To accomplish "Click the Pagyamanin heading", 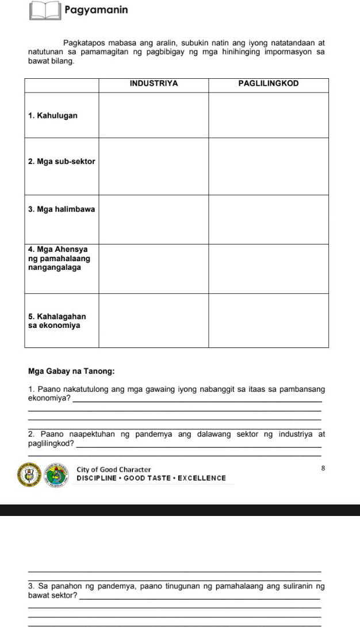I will [x=96, y=10].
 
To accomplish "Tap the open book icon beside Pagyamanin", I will [x=45, y=11].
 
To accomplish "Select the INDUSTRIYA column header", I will [x=154, y=83].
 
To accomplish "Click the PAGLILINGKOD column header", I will [x=268, y=83].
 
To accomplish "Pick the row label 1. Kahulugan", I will [x=53, y=115].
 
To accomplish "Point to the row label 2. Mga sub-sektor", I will [x=62, y=162].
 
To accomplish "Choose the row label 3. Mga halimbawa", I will [x=61, y=209].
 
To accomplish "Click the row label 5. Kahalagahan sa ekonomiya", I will [x=57, y=321].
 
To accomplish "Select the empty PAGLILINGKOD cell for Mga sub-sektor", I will [x=268, y=166].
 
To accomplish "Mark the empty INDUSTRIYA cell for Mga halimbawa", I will [x=154, y=219].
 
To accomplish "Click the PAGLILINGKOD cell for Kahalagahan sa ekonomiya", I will [x=268, y=320].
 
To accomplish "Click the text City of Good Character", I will [x=114, y=470].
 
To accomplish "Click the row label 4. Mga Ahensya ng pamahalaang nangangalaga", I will [x=59, y=258].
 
